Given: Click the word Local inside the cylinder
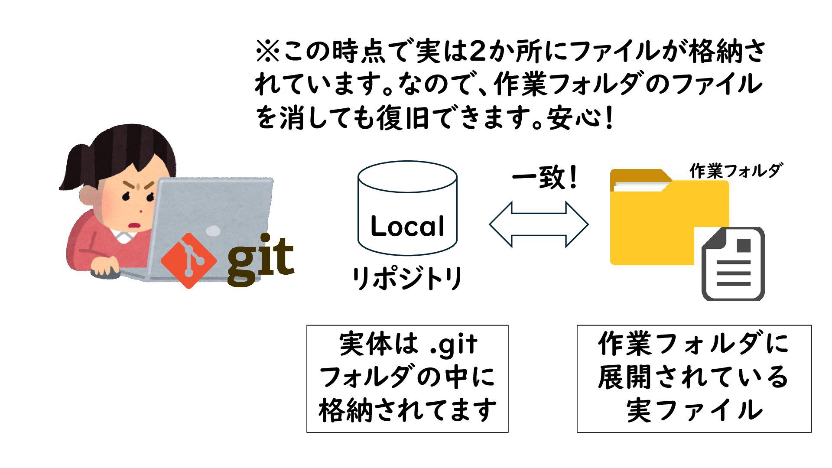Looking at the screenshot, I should point(407,226).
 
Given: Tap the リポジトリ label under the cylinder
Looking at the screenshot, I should point(407,278).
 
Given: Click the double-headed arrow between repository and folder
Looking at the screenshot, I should point(539,224).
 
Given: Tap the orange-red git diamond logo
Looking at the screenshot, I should point(188,260).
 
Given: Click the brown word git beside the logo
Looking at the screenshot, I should point(260,259).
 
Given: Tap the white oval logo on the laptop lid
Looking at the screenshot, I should point(212,231).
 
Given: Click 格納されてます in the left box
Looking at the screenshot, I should point(407,410).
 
